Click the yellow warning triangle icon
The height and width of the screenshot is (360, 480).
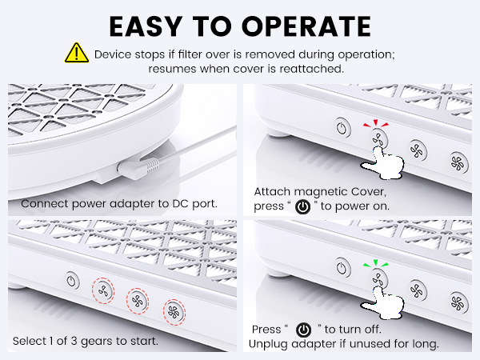pyautogui.click(x=77, y=53)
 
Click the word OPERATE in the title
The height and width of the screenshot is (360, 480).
pyautogui.click(x=306, y=26)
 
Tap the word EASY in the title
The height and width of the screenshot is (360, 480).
pyautogui.click(x=146, y=26)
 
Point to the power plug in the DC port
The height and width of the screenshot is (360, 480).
pyautogui.click(x=138, y=168)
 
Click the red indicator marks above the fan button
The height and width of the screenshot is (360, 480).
pyautogui.click(x=376, y=123)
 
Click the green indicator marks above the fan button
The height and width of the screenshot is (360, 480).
pyautogui.click(x=376, y=263)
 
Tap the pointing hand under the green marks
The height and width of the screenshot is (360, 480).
pyautogui.click(x=383, y=302)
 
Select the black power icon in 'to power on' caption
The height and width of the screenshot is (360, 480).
pyautogui.click(x=302, y=206)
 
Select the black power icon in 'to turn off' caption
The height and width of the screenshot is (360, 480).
pyautogui.click(x=303, y=330)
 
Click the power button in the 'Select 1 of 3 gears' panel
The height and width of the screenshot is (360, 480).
pyautogui.click(x=72, y=281)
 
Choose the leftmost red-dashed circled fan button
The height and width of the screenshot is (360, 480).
pyautogui.click(x=103, y=290)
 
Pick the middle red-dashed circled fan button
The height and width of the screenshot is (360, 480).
pyautogui.click(x=138, y=302)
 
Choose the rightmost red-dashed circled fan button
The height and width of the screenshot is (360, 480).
pyautogui.click(x=174, y=312)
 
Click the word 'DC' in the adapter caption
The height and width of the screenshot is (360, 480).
pyautogui.click(x=181, y=203)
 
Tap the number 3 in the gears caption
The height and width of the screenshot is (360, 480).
pyautogui.click(x=74, y=341)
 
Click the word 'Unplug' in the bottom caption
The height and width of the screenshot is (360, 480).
pyautogui.click(x=268, y=344)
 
